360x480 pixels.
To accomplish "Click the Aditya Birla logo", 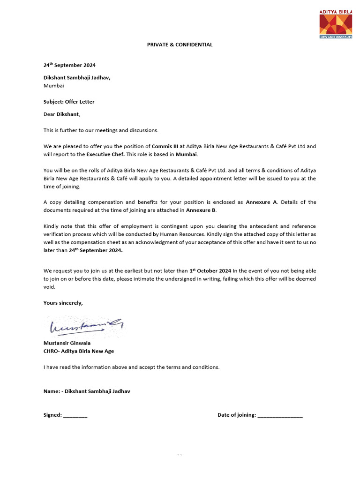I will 336,23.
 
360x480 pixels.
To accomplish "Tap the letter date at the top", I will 69,65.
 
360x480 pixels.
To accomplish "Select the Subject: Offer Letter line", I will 69,102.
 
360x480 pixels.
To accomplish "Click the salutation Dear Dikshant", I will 62,114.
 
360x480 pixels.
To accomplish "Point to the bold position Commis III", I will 165,146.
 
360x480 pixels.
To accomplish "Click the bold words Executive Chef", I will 105,154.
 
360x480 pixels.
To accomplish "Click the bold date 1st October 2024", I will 210,271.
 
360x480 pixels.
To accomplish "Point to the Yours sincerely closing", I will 63,303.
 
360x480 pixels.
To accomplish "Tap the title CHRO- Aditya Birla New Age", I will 79,351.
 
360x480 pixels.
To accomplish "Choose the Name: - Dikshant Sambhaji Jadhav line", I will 87,391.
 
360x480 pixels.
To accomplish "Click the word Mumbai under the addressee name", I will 54,86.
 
